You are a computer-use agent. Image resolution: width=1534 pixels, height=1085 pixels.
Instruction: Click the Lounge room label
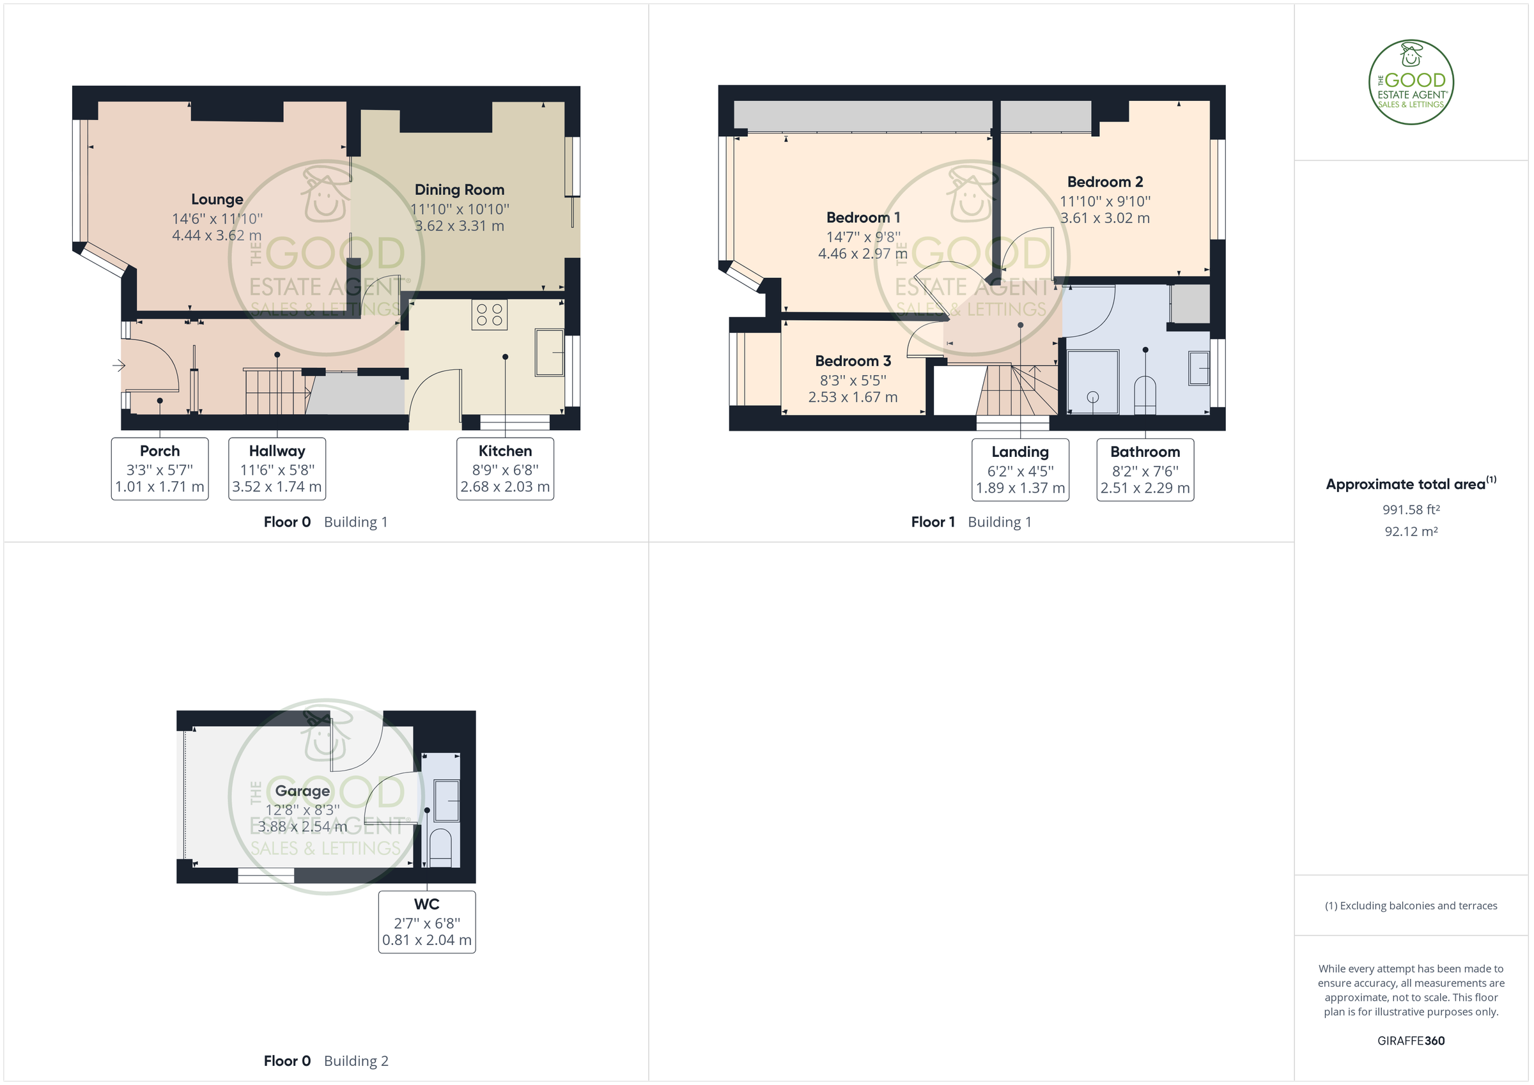pos(217,199)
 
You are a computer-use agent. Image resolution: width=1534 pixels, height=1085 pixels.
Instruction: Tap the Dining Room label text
pos(460,190)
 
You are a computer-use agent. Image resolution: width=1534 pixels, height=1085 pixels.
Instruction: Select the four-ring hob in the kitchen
pos(489,314)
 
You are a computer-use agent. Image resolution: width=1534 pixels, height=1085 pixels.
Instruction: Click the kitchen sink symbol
pos(549,352)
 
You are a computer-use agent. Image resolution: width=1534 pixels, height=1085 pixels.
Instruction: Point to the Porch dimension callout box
pos(160,468)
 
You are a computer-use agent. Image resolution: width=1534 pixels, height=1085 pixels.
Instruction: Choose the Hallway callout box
pos(277,468)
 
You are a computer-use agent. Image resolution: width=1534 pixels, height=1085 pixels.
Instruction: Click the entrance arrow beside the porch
pos(119,366)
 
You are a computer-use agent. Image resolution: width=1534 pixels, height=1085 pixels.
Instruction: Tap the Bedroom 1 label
pos(864,218)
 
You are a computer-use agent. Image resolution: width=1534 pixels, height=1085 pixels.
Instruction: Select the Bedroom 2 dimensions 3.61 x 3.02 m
pos(1105,219)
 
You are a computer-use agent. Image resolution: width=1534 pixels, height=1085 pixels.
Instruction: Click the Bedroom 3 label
pos(853,361)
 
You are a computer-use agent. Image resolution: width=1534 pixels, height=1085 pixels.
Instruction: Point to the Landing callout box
pos(1020,470)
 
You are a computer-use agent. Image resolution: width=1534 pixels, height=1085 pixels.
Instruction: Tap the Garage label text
pos(303,791)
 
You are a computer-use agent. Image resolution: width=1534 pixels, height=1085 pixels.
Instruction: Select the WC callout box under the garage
pos(427,922)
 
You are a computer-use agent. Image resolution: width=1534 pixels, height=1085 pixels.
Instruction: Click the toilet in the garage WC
pos(440,848)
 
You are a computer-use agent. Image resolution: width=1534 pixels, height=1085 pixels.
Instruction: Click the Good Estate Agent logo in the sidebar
pos(1411,82)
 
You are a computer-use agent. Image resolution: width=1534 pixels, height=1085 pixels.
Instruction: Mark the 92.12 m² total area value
pos(1411,532)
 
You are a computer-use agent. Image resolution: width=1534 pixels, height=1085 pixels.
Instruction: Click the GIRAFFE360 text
pos(1411,1041)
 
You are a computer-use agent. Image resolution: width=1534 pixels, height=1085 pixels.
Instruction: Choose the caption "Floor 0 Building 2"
pos(326,1061)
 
